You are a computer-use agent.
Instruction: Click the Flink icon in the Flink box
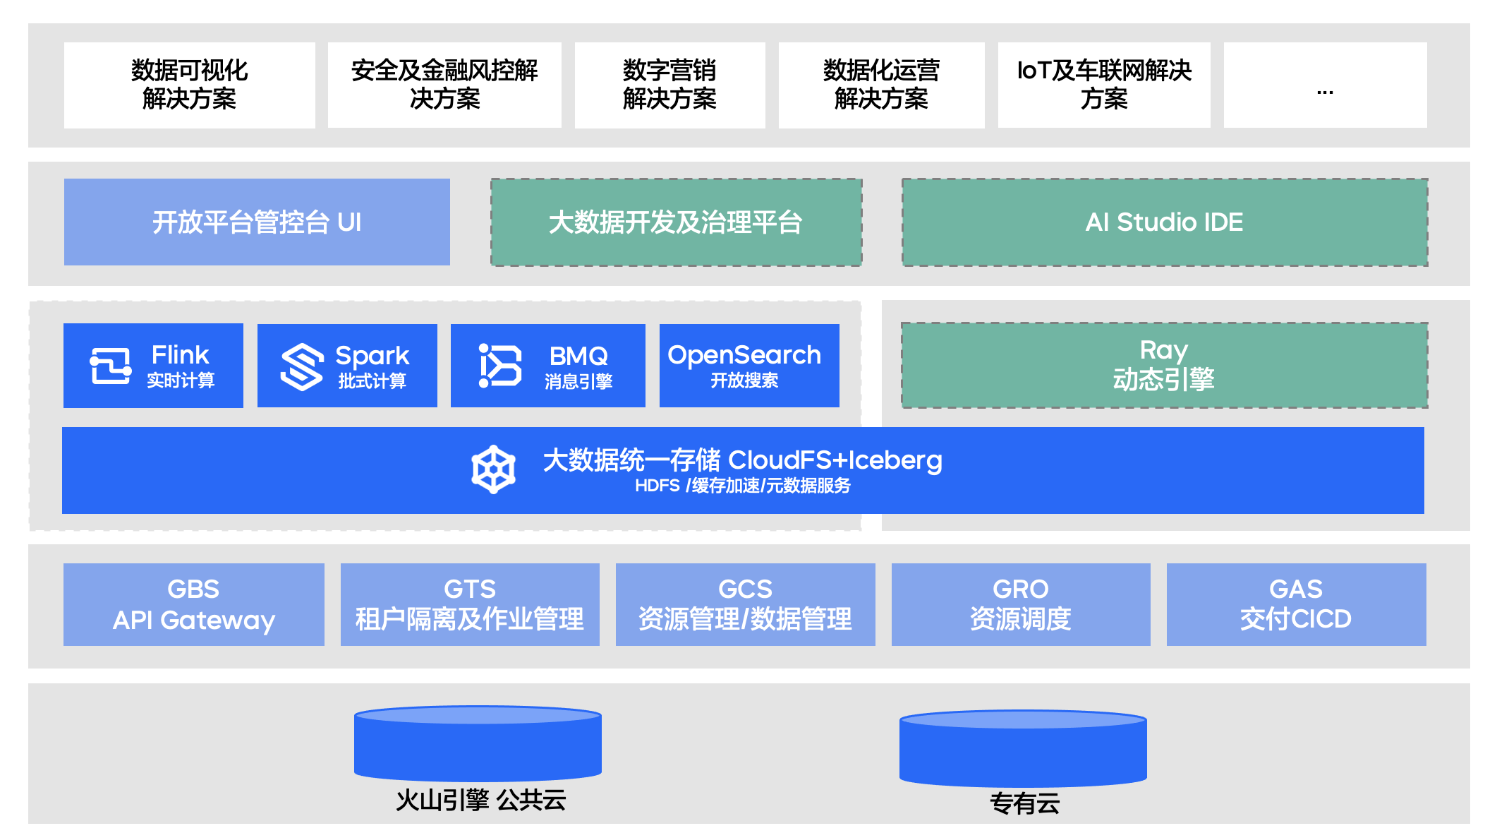tap(111, 366)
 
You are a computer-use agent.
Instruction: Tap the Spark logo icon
tap(302, 366)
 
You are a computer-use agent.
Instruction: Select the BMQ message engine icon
tap(499, 366)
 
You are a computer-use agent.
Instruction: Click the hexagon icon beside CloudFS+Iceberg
tap(493, 469)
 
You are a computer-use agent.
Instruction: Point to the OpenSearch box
tap(748, 366)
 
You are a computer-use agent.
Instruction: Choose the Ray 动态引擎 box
tap(1164, 366)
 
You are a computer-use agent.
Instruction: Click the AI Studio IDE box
tap(1164, 222)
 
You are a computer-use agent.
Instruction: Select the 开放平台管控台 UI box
tap(257, 222)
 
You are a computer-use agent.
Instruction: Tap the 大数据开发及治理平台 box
tap(676, 222)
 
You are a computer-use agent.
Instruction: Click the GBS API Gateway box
tap(193, 604)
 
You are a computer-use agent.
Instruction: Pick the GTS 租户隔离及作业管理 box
tap(470, 604)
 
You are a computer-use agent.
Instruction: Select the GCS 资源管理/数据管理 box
tap(745, 604)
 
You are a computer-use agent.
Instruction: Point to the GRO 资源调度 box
tap(1020, 604)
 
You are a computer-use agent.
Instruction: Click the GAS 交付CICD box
tap(1296, 604)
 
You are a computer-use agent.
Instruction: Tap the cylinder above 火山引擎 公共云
tap(478, 744)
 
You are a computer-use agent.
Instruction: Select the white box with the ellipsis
tap(1325, 85)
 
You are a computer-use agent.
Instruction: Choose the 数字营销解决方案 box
tap(669, 85)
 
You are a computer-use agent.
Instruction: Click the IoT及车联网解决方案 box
tap(1103, 85)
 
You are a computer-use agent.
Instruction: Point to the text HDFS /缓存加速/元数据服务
tap(742, 486)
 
